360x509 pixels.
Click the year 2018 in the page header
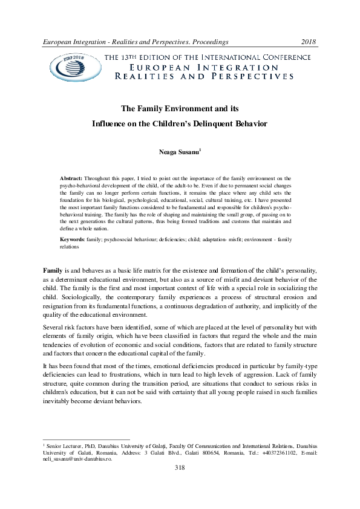coord(310,42)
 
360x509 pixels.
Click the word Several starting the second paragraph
coord(54,327)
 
